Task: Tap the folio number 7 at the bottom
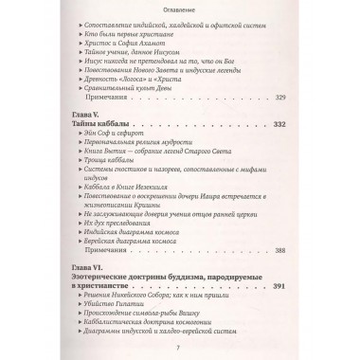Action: point(179,351)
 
